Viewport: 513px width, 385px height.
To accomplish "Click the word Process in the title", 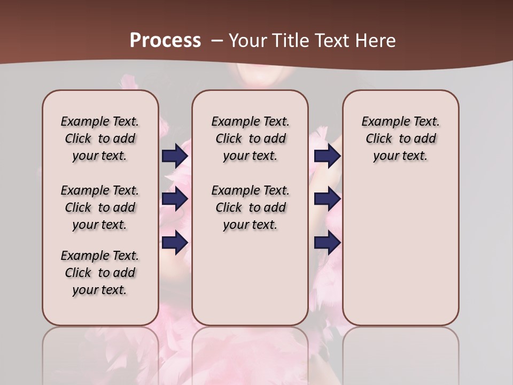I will point(165,40).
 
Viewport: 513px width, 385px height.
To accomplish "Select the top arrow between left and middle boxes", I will point(175,156).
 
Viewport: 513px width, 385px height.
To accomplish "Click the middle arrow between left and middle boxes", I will point(175,199).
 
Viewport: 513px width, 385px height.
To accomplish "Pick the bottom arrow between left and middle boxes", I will point(175,242).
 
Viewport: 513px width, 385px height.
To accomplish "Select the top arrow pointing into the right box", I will point(327,156).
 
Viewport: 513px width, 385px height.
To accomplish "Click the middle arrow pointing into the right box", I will point(327,199).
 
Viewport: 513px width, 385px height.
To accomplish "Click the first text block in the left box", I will point(100,138).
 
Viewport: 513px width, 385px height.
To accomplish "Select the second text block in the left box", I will point(100,207).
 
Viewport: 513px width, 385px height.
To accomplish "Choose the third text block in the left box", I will point(100,273).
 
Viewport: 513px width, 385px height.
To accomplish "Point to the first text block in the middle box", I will point(250,138).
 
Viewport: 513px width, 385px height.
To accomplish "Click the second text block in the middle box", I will point(250,207).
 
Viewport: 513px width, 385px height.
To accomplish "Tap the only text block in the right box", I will point(401,138).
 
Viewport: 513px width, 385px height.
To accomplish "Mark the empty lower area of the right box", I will point(401,251).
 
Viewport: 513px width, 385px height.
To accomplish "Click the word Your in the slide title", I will point(248,40).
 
